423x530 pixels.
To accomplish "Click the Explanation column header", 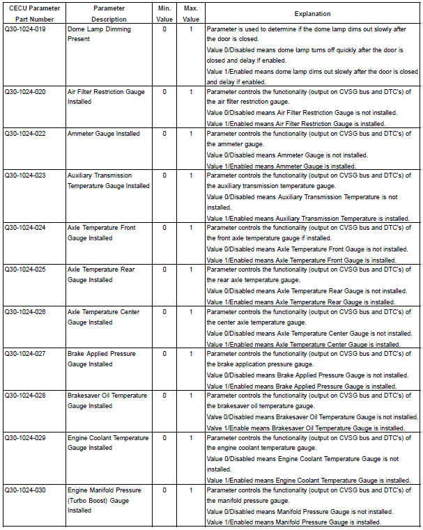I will (312, 13).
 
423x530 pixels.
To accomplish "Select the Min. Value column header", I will (165, 13).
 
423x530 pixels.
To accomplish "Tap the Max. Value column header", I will (190, 13).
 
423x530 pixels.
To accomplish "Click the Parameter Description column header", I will (109, 13).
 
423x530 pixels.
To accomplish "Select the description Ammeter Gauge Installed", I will (103, 134).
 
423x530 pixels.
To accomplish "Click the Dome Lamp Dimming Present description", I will (99, 34).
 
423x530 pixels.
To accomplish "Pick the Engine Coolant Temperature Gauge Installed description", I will (108, 443).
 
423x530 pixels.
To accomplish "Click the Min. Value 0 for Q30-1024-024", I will (165, 228).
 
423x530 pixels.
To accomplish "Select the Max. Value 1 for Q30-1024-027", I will (191, 354).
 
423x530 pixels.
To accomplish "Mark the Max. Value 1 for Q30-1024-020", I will (191, 92).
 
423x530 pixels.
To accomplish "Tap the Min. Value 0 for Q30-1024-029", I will (165, 438).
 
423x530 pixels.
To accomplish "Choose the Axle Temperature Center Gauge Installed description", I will (103, 317).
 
